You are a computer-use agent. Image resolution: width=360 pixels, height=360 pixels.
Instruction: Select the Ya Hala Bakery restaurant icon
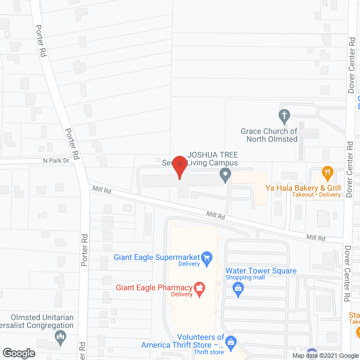coord(326,172)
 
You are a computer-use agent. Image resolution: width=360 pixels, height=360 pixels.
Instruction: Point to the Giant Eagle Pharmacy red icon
coord(198,288)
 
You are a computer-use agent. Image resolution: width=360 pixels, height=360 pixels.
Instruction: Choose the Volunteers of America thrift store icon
coord(231,341)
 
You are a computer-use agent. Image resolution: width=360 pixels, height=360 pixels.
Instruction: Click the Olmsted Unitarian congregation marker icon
coord(60,337)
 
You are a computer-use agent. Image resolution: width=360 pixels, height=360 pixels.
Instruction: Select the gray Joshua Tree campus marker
coord(225,177)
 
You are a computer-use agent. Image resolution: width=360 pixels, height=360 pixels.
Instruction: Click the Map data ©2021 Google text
coord(325,355)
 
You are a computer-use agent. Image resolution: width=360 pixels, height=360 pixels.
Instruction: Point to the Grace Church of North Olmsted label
coord(269,135)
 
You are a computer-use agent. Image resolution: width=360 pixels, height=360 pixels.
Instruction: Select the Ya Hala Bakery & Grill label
coord(304,187)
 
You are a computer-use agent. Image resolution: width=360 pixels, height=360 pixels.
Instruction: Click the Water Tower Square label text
coord(260,271)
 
